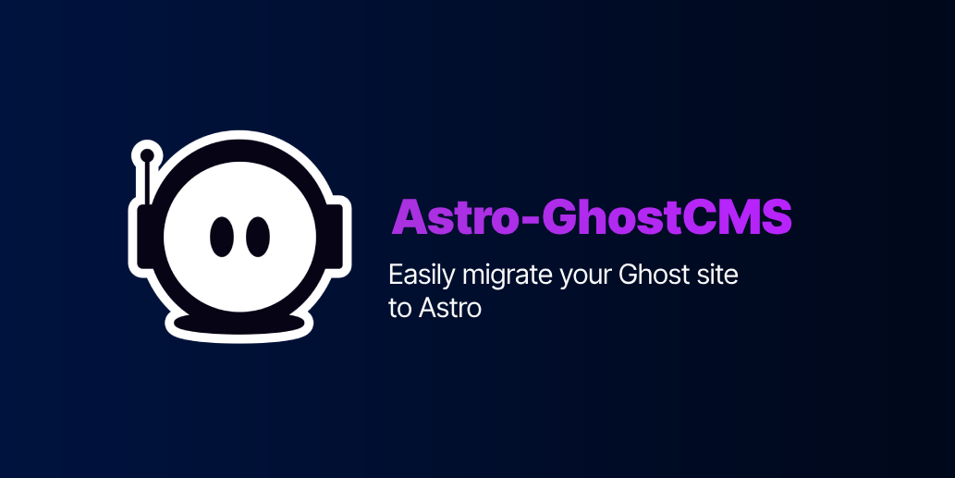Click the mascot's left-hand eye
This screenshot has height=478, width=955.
222,237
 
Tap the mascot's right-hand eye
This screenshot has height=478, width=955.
258,237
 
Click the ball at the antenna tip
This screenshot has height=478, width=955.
147,155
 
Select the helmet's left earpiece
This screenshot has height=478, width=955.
146,237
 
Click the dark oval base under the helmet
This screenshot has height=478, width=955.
239,324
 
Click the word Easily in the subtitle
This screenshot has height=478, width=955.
422,276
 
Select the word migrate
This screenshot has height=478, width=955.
507,276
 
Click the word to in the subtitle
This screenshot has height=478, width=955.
400,308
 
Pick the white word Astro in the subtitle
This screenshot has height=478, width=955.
450,308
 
